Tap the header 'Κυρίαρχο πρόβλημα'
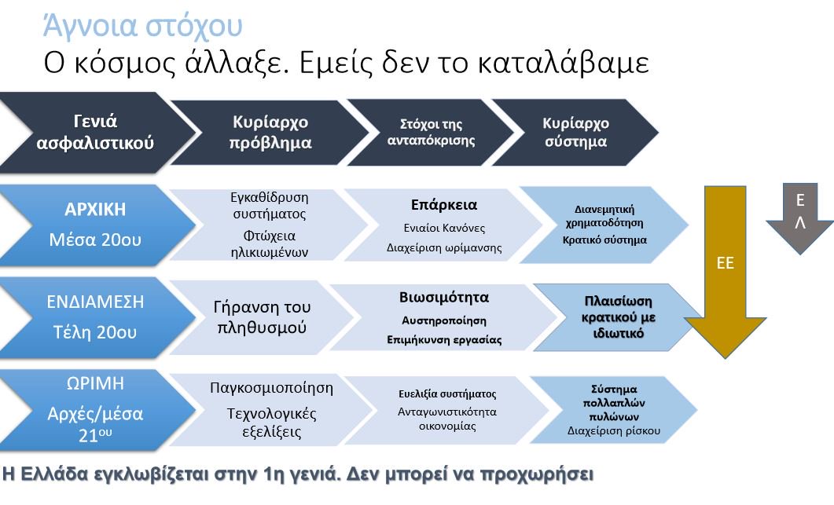[270, 132]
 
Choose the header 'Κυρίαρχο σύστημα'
[575, 132]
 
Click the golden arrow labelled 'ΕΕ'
[725, 263]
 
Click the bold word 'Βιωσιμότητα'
[444, 298]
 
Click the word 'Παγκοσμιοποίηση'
[272, 388]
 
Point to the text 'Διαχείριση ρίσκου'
[613, 430]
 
